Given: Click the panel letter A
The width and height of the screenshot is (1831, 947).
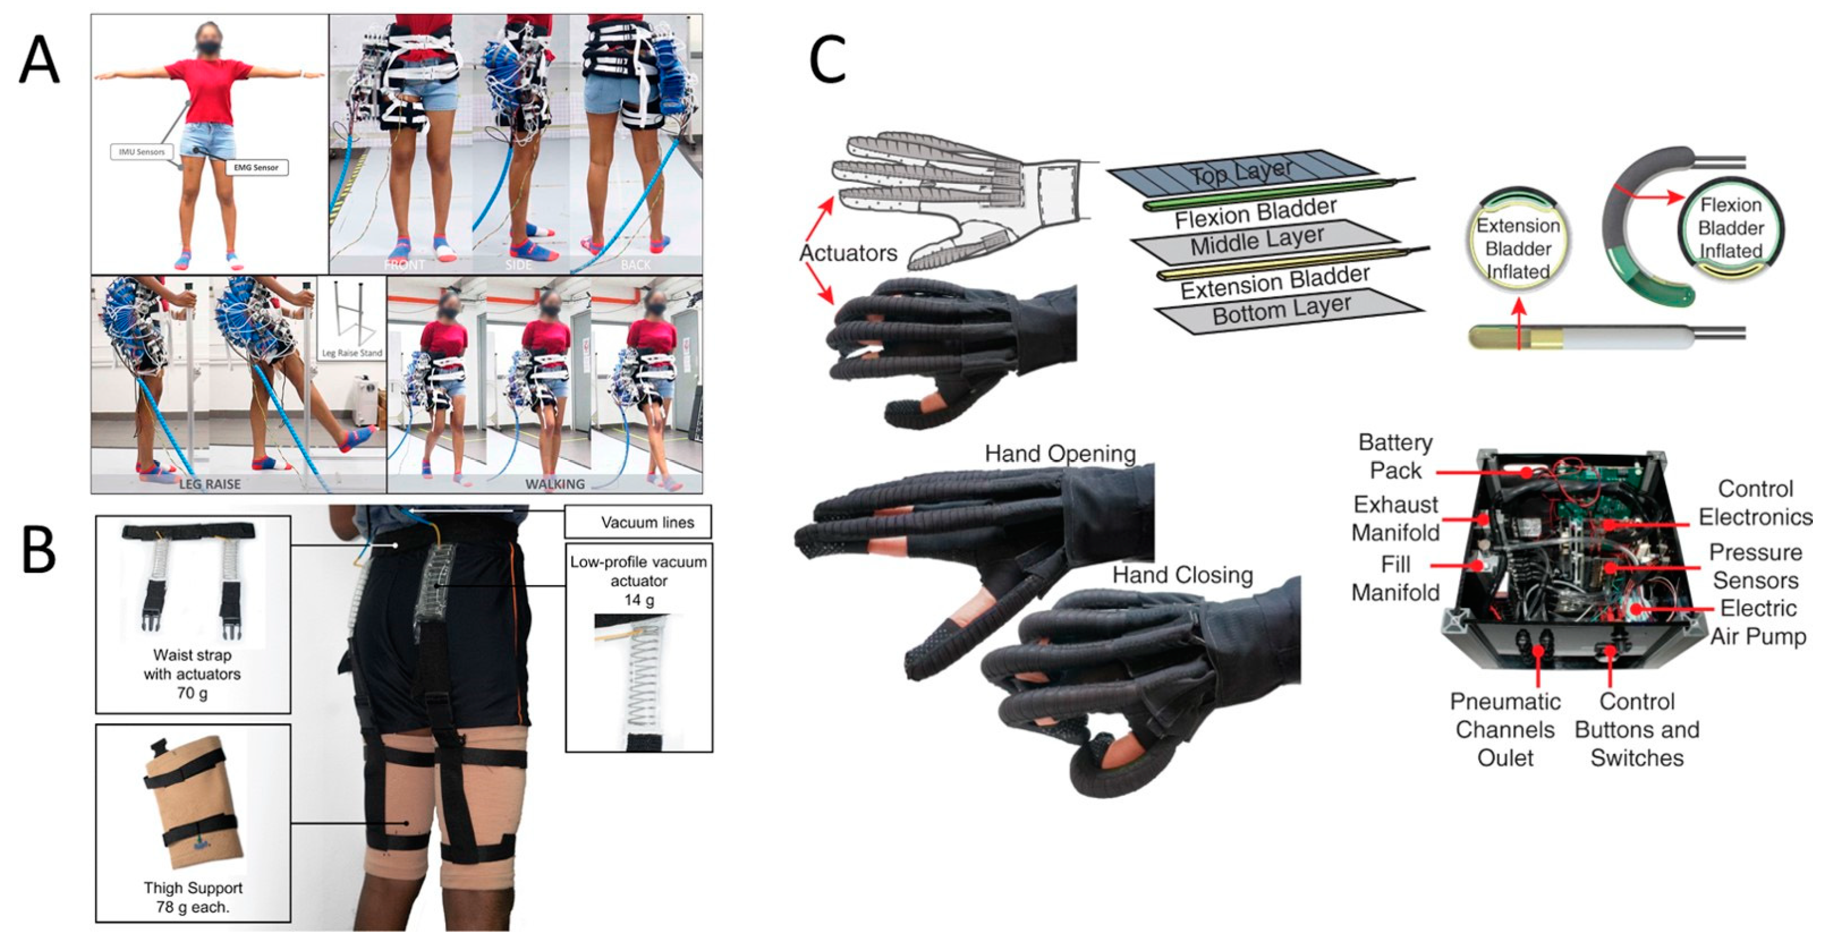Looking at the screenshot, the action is (x=39, y=60).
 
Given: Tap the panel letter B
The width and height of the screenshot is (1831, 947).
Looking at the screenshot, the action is (x=39, y=551).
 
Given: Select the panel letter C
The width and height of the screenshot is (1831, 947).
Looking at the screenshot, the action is (x=827, y=60).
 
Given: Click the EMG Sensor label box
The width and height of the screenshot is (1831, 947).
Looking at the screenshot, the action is (x=256, y=168).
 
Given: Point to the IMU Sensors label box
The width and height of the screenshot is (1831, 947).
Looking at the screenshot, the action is (x=141, y=151).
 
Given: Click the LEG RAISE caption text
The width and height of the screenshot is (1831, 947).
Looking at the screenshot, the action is (x=210, y=484).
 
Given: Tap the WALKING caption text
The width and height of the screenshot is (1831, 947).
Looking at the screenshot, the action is (x=555, y=484).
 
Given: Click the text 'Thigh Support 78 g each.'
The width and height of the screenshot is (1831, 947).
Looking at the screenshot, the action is (x=193, y=897).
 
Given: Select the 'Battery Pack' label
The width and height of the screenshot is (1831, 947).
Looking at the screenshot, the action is (x=1395, y=456).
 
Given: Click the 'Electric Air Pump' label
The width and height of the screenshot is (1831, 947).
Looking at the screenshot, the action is (x=1757, y=622).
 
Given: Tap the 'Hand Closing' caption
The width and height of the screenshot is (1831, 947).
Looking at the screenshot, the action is (x=1182, y=575).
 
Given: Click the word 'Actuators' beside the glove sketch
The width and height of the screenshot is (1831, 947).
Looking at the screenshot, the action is (x=848, y=253).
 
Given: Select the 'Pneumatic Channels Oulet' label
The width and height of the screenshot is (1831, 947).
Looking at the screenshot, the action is (x=1505, y=730).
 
